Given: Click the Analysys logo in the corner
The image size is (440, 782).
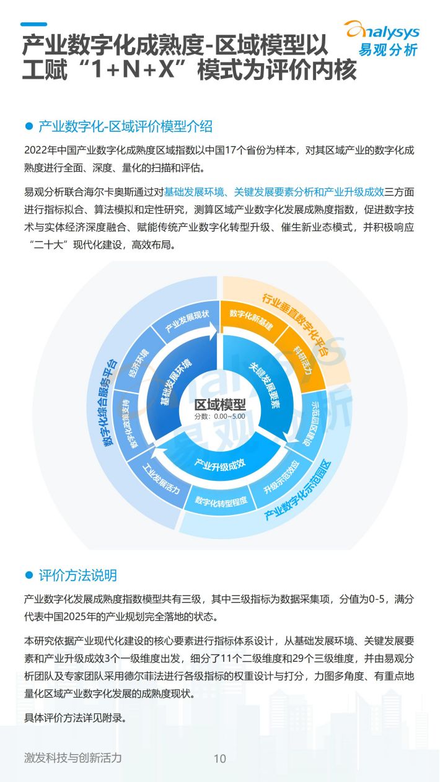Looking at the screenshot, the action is [x=383, y=38].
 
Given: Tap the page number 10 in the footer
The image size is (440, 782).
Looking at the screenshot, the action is [x=220, y=758].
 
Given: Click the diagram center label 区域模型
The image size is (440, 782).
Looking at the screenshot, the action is [x=220, y=405].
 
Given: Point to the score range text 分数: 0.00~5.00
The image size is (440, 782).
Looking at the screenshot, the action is [x=220, y=416].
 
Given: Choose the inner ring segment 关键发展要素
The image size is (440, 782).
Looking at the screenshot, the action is [x=265, y=385].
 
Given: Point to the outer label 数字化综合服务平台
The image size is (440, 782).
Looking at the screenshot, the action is [x=108, y=402].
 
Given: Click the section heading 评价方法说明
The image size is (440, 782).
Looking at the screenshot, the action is [x=77, y=575].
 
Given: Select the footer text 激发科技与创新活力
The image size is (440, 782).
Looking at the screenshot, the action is [x=73, y=758].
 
